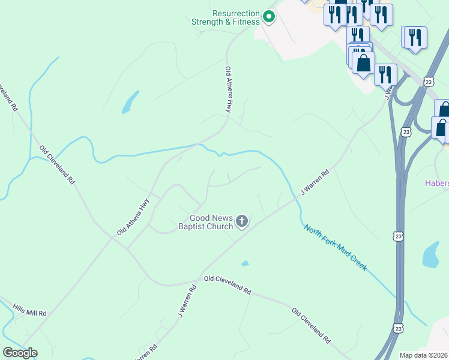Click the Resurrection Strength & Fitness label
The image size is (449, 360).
point(225,17)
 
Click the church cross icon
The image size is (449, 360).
point(242,222)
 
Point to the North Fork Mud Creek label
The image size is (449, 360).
point(335,247)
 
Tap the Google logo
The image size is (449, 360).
point(20,353)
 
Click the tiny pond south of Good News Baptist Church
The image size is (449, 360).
point(245,263)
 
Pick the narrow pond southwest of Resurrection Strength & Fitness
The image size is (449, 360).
point(130,103)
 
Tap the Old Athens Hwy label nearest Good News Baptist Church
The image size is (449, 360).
point(133,216)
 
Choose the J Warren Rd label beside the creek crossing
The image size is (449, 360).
point(315,183)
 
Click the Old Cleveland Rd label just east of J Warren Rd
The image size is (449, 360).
point(227,285)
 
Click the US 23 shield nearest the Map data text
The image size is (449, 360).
point(399,328)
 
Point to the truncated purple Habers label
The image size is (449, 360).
point(437,184)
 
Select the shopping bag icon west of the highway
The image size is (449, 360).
point(363,64)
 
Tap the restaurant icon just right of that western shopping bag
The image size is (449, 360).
point(385,74)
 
